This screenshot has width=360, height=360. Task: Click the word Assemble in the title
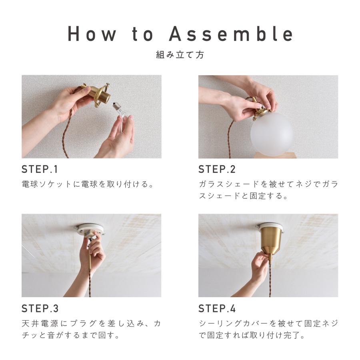231,34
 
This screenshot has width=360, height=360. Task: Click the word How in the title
92,34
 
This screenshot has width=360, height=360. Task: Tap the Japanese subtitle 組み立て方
180,55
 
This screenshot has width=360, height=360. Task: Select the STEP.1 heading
40,170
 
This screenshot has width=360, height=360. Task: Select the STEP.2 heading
217,170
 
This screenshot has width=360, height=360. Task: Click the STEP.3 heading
40,309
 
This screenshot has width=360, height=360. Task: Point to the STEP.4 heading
217,309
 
